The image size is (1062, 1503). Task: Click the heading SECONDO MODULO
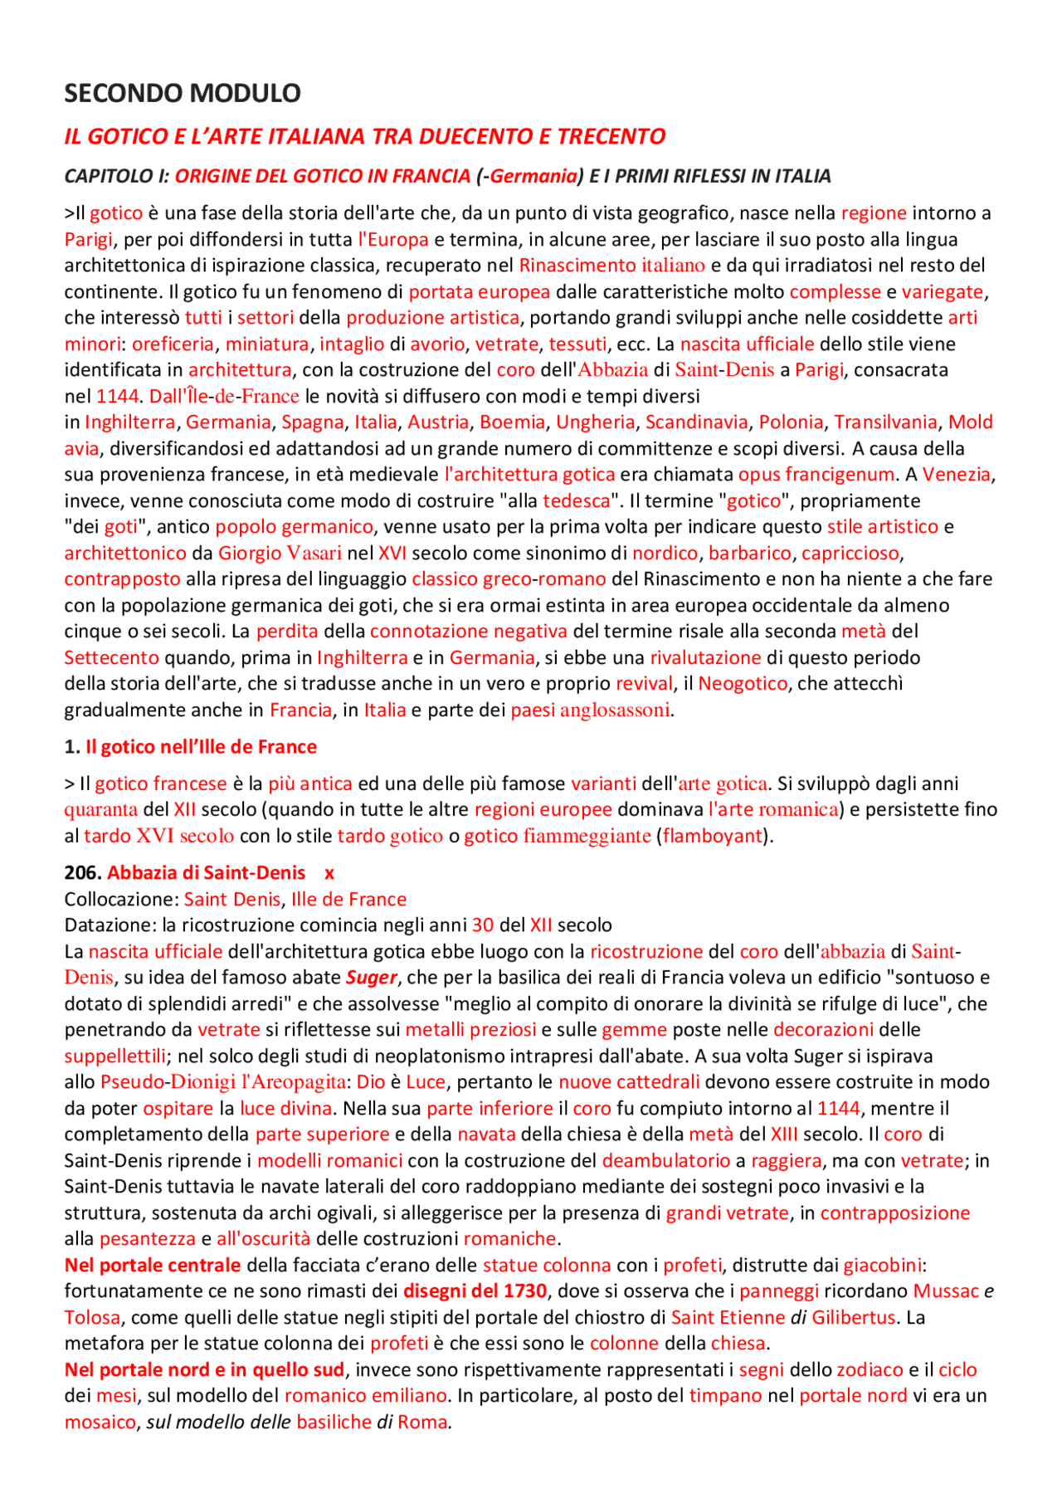182,93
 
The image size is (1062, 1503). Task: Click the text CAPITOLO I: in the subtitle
117,176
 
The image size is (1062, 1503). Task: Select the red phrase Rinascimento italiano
611,266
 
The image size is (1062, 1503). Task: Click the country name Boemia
512,422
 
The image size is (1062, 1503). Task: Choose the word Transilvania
885,422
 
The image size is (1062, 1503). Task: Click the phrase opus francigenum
816,475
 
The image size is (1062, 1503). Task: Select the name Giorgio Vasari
280,553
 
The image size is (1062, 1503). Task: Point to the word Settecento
111,657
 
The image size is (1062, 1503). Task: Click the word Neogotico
743,683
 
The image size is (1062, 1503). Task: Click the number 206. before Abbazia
82,873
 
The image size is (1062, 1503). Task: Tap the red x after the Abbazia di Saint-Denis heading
329,873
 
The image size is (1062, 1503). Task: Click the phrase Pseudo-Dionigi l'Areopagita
223,1082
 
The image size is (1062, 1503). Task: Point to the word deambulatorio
665,1160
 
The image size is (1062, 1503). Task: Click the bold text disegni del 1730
475,1291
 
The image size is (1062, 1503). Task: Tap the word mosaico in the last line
100,1422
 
